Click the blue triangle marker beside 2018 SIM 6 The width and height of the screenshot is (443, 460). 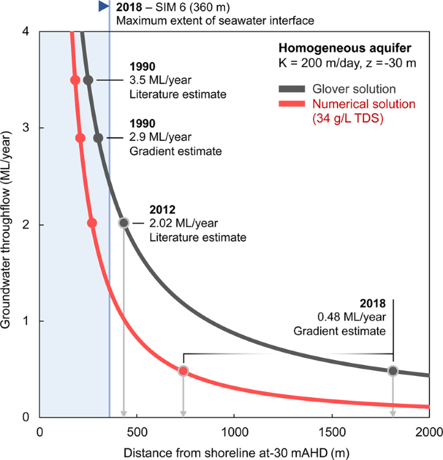pos(102,6)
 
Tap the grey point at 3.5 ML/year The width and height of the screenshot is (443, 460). pos(89,79)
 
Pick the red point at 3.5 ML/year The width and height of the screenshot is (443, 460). pos(75,80)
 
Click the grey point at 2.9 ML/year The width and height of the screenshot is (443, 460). pos(98,138)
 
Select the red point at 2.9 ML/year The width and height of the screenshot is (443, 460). pos(80,138)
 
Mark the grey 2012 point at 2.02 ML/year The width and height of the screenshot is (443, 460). pos(124,222)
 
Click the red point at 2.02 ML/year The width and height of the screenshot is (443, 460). pos(92,222)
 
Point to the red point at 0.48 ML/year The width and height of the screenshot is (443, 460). pos(184,371)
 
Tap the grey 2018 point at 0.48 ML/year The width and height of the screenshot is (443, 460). pos(393,371)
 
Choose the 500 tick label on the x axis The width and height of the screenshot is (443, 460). pos(137,432)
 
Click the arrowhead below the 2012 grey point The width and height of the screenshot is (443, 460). pos(124,413)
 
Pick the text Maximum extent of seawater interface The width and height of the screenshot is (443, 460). pos(215,21)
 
